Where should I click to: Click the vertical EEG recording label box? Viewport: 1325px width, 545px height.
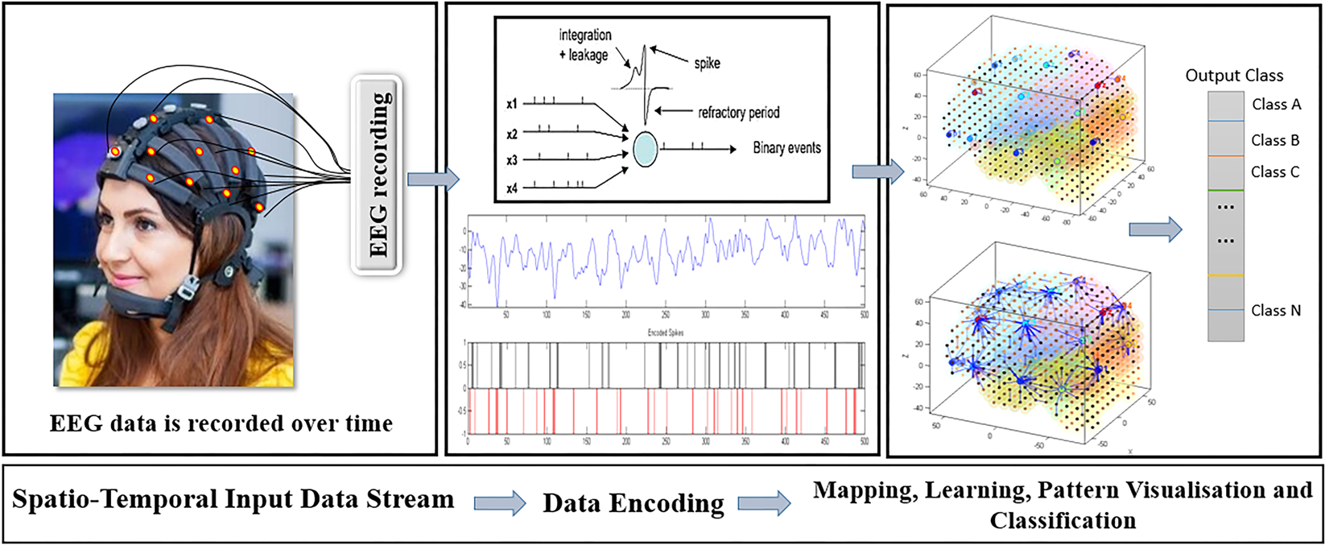tap(376, 174)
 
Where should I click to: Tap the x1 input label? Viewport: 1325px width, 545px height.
tap(512, 104)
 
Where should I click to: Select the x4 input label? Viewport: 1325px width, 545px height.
tap(512, 188)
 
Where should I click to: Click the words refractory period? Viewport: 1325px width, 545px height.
tap(738, 113)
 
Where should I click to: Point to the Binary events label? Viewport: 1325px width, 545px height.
tap(786, 148)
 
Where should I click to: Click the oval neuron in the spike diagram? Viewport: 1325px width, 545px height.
tap(645, 150)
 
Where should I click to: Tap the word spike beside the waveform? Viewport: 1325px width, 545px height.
tap(707, 63)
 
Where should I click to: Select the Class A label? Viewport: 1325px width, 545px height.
tap(1276, 105)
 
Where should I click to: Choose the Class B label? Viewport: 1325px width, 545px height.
tap(1275, 140)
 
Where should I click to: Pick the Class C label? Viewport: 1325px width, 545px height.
tap(1275, 172)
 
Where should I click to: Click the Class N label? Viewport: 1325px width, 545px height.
tap(1275, 311)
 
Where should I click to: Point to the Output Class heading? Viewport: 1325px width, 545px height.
tap(1234, 76)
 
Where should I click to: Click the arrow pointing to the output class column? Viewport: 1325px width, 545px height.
tap(1155, 229)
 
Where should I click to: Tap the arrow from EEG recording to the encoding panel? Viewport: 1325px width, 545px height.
tap(432, 178)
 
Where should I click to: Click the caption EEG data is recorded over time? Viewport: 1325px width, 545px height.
tap(221, 423)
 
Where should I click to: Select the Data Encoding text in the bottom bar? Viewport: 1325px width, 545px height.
tap(634, 503)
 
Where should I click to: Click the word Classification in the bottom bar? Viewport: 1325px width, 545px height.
tap(1063, 521)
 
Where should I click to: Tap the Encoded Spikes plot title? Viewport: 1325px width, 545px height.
tap(666, 332)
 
